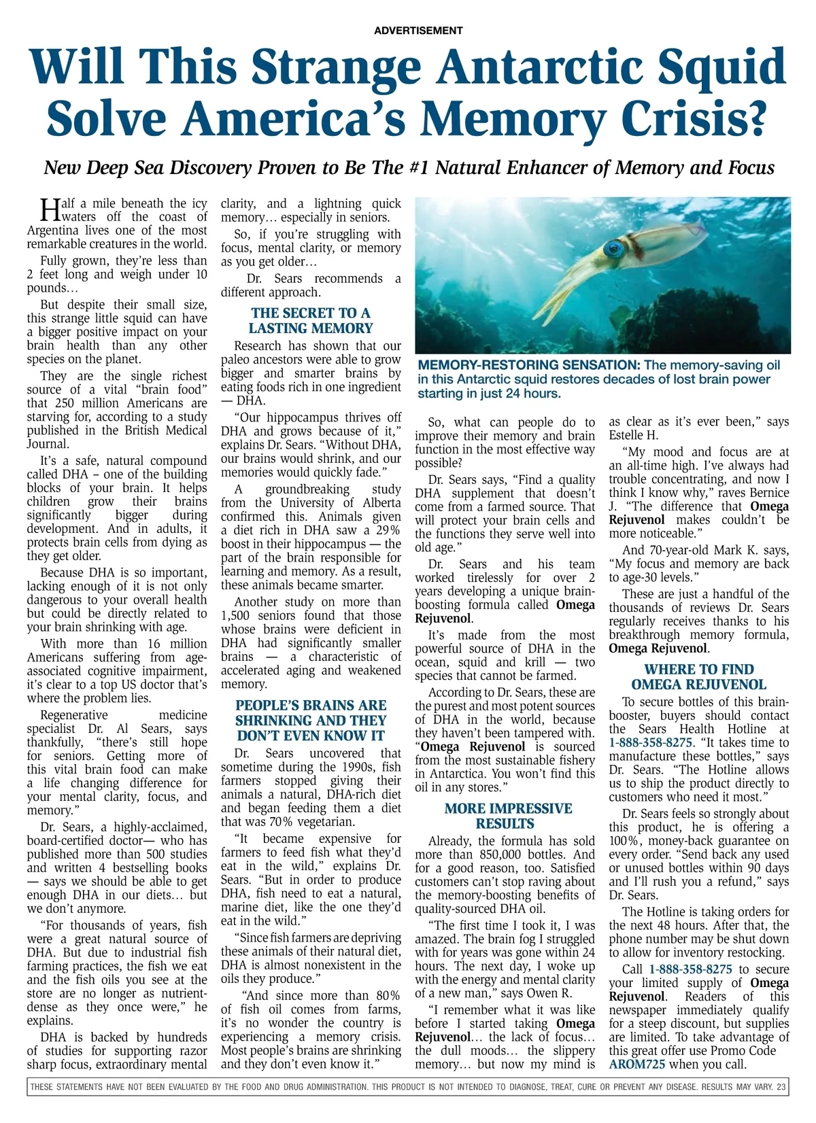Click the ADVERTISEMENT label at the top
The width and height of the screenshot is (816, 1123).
(x=418, y=31)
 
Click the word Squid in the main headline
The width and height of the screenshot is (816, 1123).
(x=720, y=68)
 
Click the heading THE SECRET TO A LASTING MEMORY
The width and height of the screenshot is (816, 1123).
(x=311, y=320)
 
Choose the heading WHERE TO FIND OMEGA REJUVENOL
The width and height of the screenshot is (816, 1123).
(x=698, y=676)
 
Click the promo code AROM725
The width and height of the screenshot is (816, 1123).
(x=637, y=1065)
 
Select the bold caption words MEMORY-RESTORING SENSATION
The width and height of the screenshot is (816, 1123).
(x=529, y=365)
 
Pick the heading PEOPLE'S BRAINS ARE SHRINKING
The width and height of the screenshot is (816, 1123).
(x=311, y=720)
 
